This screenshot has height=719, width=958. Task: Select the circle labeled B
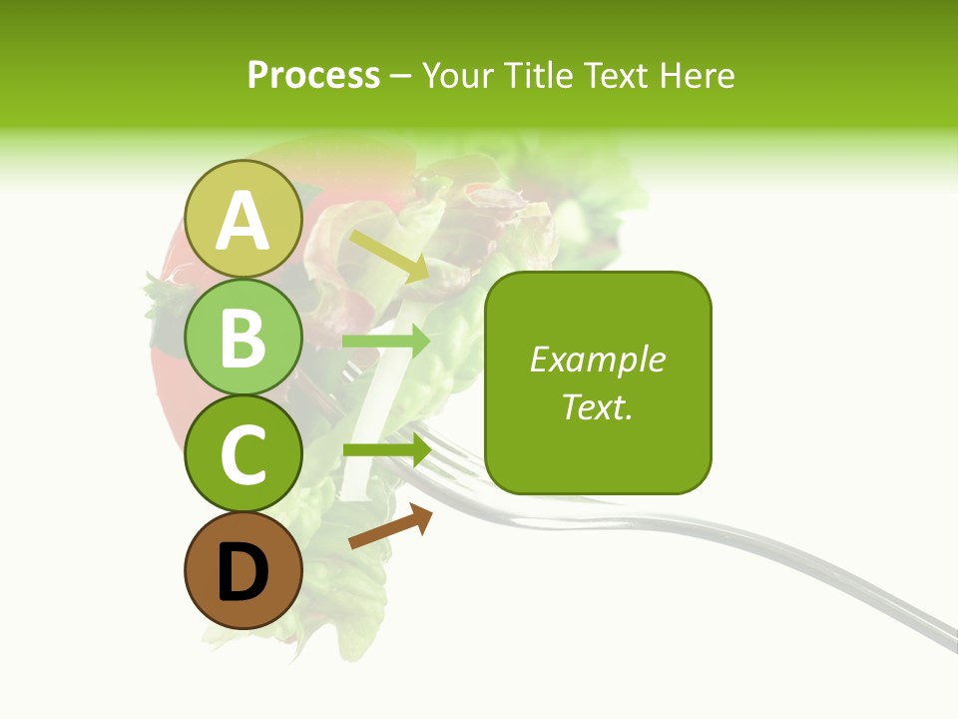pyautogui.click(x=242, y=337)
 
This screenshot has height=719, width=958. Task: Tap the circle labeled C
pyautogui.click(x=242, y=453)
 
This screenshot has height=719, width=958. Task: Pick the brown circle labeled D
pyautogui.click(x=242, y=570)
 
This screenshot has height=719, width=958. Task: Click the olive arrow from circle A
pyautogui.click(x=389, y=256)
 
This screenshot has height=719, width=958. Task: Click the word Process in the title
pyautogui.click(x=313, y=75)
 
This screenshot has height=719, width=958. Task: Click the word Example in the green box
pyautogui.click(x=597, y=359)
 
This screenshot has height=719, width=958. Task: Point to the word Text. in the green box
pyautogui.click(x=597, y=406)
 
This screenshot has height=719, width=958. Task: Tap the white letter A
pyautogui.click(x=242, y=220)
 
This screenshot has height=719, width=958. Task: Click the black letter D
pyautogui.click(x=242, y=571)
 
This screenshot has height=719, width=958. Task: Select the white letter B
pyautogui.click(x=242, y=338)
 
